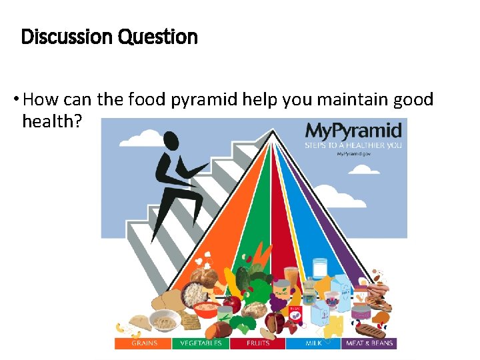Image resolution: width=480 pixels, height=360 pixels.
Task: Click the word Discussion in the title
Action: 67,37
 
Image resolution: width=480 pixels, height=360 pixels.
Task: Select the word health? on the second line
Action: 51,121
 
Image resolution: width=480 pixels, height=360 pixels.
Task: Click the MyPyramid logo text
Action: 353,130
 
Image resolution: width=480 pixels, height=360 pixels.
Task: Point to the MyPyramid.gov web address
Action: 353,153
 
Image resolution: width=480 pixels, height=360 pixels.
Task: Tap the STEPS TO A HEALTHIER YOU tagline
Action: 353,144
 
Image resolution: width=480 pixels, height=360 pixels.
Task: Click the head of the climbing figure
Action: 171,141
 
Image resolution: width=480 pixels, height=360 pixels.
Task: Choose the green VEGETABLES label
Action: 200,343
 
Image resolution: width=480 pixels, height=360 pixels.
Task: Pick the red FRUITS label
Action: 257,343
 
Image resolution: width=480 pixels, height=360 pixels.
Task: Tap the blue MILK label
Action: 313,343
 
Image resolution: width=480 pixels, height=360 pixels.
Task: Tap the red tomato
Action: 231,305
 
